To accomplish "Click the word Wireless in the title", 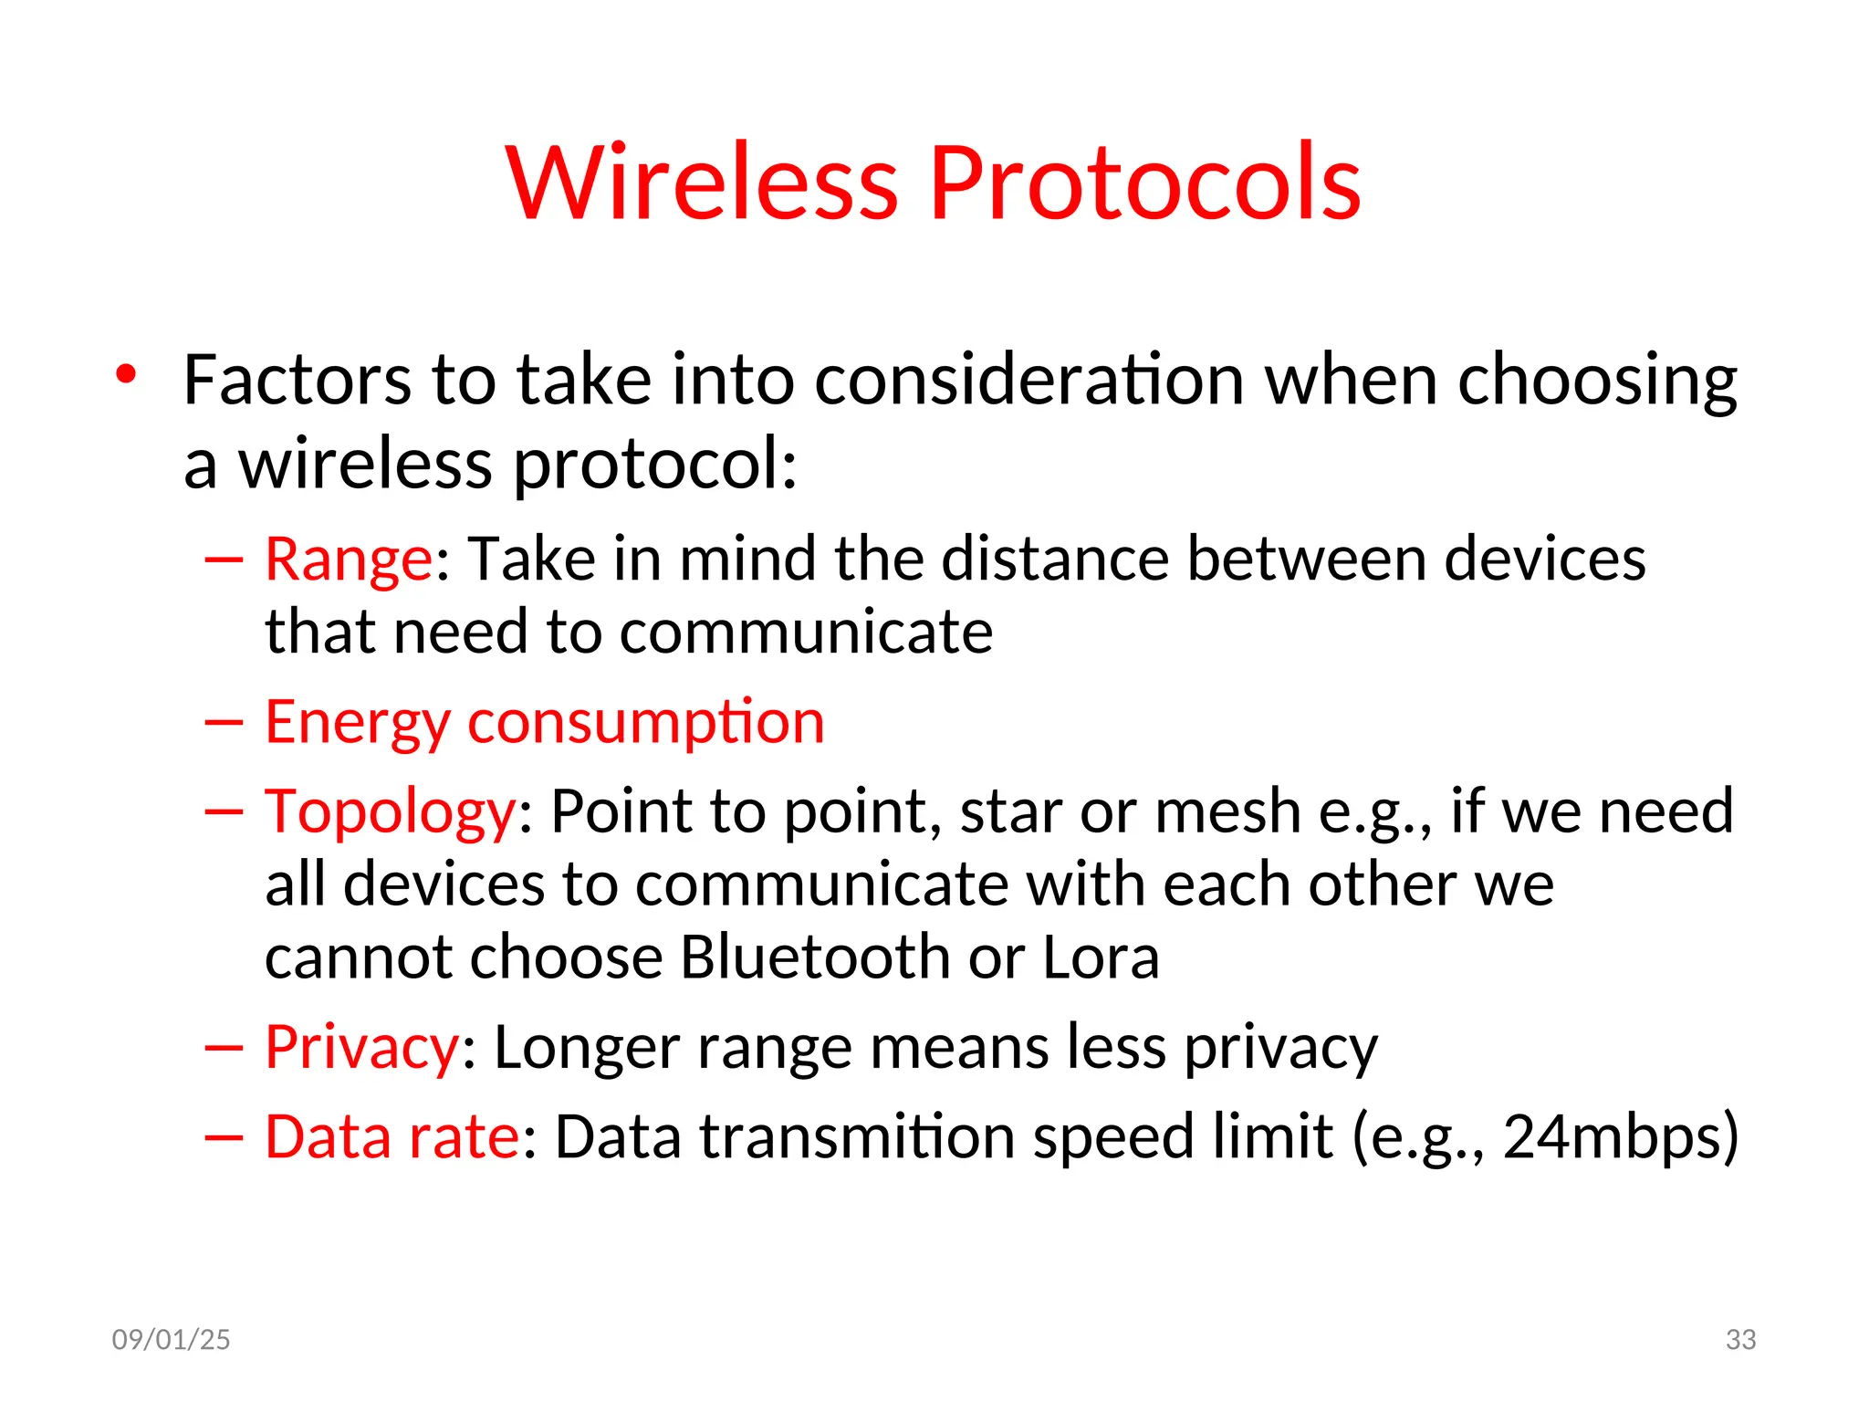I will point(702,182).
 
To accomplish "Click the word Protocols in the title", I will point(1144,182).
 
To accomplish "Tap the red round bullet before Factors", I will point(126,374).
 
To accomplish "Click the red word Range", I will point(348,558).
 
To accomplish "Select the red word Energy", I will point(357,723).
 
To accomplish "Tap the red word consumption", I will point(645,723).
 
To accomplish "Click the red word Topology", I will point(391,811).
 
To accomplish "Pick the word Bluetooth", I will point(815,957).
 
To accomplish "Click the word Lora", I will point(1100,957).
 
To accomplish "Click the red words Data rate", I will point(392,1136).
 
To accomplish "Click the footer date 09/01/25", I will point(171,1339).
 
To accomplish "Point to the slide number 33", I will point(1740,1339).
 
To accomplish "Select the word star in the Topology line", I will point(1009,811).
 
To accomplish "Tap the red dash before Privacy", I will point(224,1048).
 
